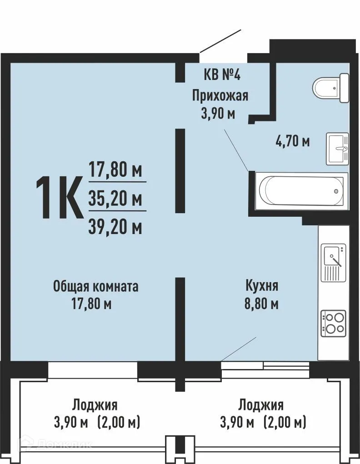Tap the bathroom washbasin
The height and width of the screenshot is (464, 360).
pyautogui.click(x=337, y=149)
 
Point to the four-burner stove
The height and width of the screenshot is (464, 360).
pyautogui.click(x=333, y=323)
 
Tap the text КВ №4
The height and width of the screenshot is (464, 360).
pyautogui.click(x=221, y=75)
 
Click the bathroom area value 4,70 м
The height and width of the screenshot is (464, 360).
pyautogui.click(x=292, y=141)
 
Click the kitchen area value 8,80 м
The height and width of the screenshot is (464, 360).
pyautogui.click(x=261, y=303)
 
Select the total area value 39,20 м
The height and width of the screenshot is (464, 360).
pyautogui.click(x=115, y=226)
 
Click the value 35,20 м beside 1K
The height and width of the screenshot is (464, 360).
pyautogui.click(x=115, y=199)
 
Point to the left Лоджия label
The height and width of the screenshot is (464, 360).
pyautogui.click(x=95, y=404)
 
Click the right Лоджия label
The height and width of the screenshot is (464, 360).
pyautogui.click(x=261, y=404)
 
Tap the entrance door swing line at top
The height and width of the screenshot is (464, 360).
pyautogui.click(x=220, y=41)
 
